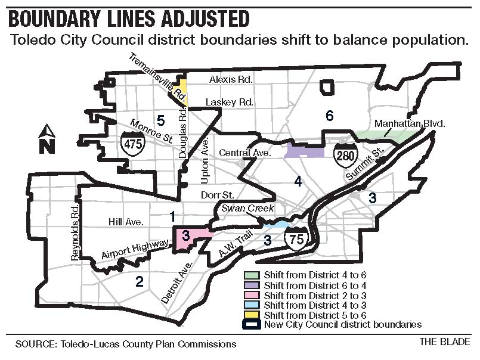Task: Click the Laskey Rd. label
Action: click(x=230, y=103)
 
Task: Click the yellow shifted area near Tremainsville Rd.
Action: click(x=184, y=92)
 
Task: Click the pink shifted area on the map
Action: click(x=189, y=238)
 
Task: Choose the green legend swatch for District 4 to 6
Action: click(x=251, y=275)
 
